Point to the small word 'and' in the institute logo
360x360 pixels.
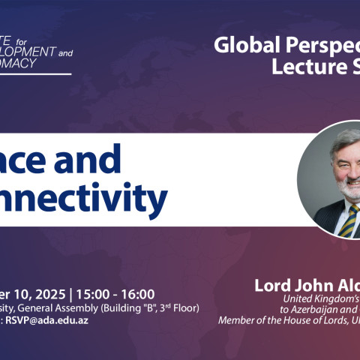click(65, 53)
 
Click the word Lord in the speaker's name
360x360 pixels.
click(273, 286)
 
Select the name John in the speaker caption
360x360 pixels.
click(312, 286)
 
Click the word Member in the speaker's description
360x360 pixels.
click(235, 320)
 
